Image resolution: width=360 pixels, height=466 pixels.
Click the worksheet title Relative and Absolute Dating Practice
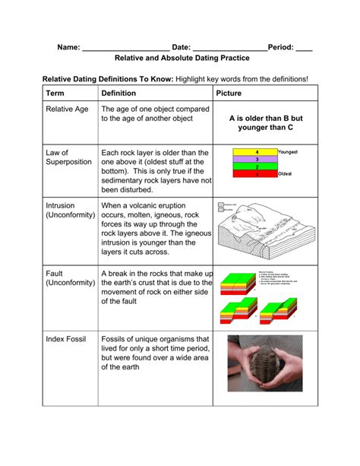[x=179, y=58]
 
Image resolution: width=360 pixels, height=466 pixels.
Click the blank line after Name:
[x=125, y=47]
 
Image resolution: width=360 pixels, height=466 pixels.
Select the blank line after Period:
[x=305, y=47]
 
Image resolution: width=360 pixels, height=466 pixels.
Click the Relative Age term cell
[x=67, y=109]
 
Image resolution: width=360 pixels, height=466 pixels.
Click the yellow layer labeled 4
[x=256, y=153]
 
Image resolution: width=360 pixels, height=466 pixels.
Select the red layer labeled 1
[x=256, y=174]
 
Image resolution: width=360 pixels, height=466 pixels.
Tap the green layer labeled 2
[x=256, y=166]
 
